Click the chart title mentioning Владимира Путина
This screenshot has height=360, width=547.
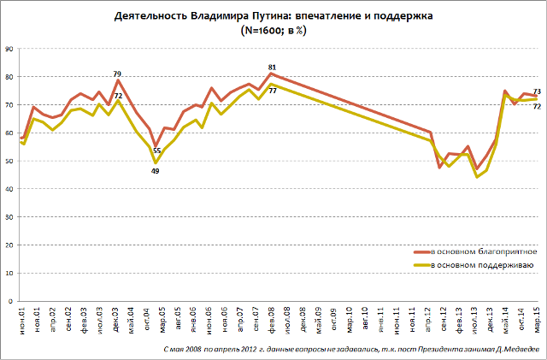point(273,16)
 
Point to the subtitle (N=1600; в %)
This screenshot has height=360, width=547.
point(273,30)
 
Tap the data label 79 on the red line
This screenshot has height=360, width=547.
point(117,74)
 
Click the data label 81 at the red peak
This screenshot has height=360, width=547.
point(272,68)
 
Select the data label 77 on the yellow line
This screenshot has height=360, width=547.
point(272,91)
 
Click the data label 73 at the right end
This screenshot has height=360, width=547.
point(537,91)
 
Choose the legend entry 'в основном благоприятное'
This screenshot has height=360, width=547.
point(485,252)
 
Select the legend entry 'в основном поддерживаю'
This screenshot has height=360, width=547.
point(483,266)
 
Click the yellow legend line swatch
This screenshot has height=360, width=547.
point(423,266)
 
